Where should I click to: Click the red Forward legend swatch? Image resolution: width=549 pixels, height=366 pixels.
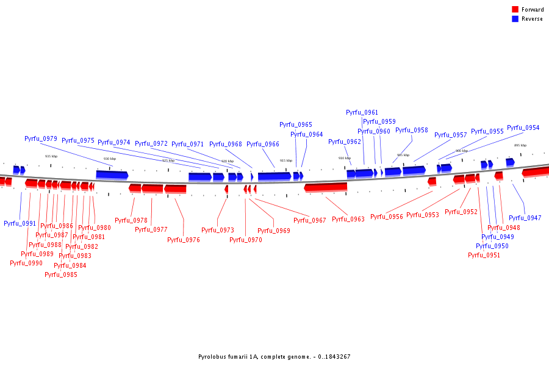tap(515, 10)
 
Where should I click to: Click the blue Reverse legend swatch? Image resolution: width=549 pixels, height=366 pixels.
tap(515, 19)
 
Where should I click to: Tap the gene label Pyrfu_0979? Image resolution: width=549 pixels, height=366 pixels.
tap(41, 139)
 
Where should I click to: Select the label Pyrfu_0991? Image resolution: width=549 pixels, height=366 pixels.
tap(20, 224)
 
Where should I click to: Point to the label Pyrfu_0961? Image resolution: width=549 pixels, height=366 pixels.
tap(362, 113)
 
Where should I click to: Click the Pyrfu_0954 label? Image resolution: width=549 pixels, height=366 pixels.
tap(523, 128)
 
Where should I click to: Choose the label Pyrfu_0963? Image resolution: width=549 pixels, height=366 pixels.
tap(348, 220)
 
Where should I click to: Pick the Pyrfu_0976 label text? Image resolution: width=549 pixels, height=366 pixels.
tap(184, 240)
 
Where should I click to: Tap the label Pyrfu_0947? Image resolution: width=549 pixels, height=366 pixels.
tap(525, 218)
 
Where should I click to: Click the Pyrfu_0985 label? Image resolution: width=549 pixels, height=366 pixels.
tap(61, 274)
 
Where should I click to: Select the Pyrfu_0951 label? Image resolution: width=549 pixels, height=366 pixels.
tap(484, 256)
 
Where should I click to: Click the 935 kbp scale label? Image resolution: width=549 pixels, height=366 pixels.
tap(51, 157)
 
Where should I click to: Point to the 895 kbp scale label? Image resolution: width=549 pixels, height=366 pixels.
tap(520, 146)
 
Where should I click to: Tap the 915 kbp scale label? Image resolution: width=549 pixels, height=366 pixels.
tap(286, 161)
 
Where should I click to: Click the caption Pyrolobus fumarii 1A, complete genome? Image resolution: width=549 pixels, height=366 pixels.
tap(274, 357)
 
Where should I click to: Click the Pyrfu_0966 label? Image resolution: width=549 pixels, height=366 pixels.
tap(263, 145)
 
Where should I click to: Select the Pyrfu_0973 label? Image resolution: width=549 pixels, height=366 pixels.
tap(218, 231)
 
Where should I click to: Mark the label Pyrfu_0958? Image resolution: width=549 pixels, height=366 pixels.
tap(412, 131)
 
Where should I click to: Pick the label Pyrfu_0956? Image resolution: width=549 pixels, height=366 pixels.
tap(387, 217)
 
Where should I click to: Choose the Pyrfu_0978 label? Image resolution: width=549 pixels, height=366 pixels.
tap(131, 221)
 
